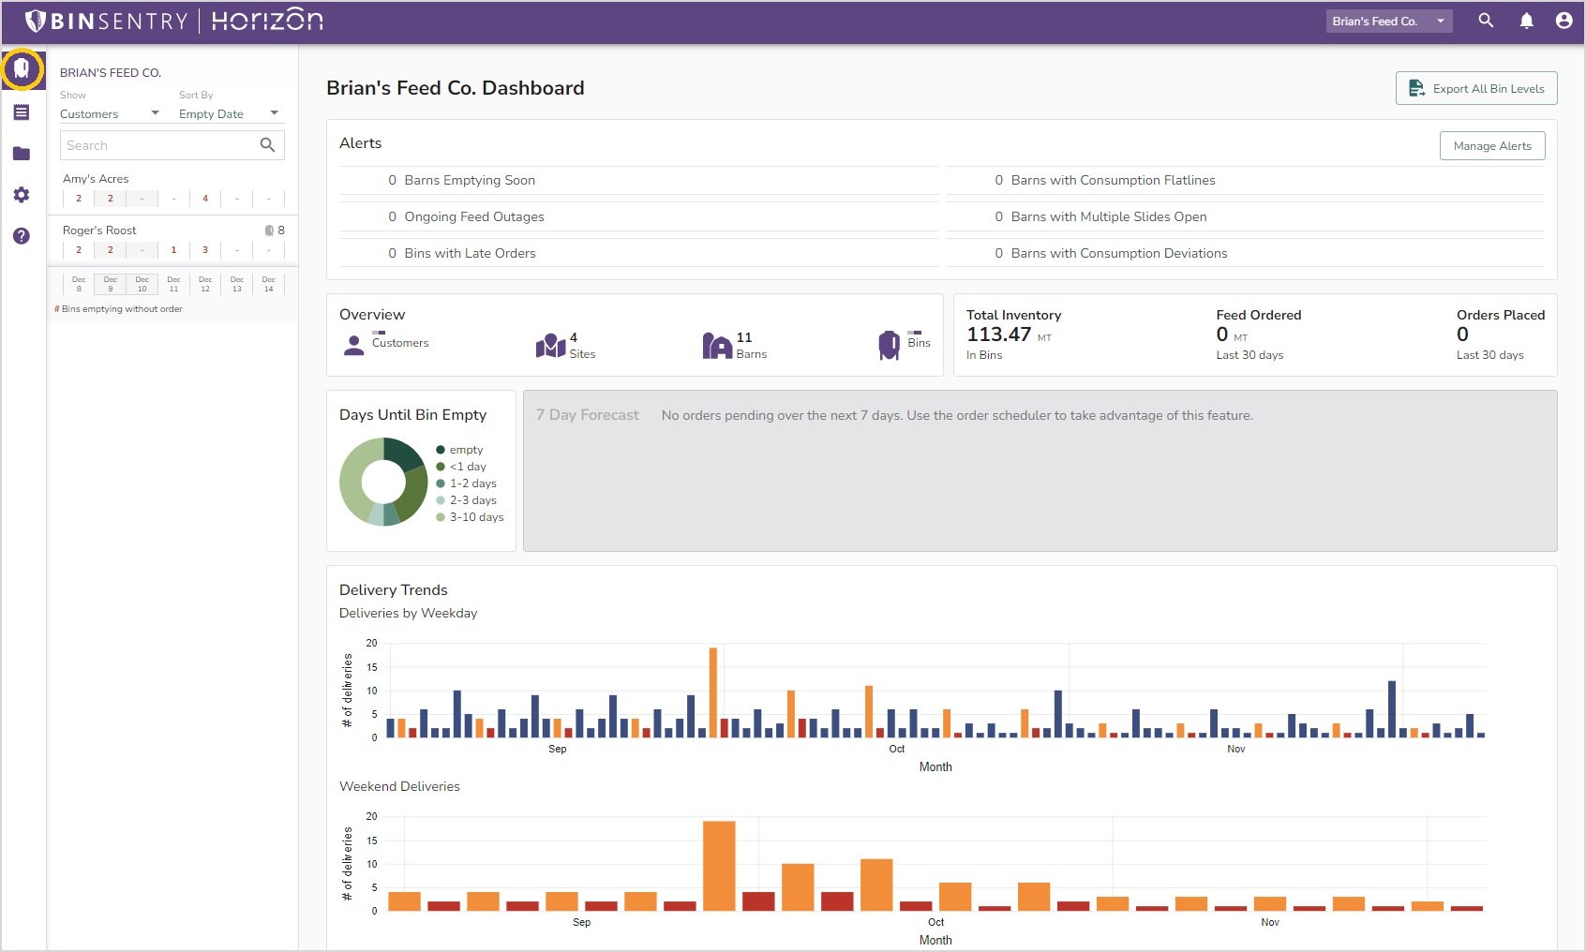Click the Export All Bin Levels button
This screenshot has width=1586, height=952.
[1476, 89]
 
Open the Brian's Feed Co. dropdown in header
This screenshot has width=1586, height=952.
[1388, 21]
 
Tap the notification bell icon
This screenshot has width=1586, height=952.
[1526, 21]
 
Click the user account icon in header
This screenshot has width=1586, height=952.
[1564, 21]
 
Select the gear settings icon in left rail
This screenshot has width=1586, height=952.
[22, 195]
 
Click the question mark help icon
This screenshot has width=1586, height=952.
[22, 236]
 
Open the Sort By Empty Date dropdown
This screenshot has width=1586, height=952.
[229, 113]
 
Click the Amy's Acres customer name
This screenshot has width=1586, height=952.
[96, 179]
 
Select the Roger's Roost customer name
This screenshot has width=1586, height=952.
[99, 231]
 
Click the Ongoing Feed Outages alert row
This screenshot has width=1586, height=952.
[473, 216]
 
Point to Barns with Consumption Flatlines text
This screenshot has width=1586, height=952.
[1113, 180]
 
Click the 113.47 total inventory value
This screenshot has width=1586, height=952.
[998, 335]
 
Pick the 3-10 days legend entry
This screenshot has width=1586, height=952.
[476, 517]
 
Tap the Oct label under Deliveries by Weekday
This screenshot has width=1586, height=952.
[896, 749]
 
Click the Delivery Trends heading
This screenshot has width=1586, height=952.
[394, 590]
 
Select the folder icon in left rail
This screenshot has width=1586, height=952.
[22, 154]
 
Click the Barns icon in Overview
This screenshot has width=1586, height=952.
[717, 346]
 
